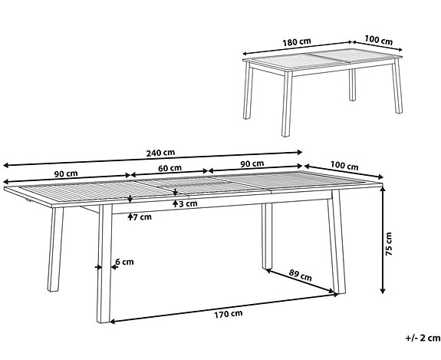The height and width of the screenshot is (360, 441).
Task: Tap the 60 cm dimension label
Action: pyautogui.click(x=169, y=168)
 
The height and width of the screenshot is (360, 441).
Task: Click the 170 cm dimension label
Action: pyautogui.click(x=228, y=312)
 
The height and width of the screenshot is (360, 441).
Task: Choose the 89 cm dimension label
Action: pyautogui.click(x=301, y=273)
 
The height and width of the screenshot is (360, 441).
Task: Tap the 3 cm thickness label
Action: pyautogui.click(x=188, y=204)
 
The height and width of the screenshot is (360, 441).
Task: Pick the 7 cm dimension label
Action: pyautogui.click(x=143, y=217)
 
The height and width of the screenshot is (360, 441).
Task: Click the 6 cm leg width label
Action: pyautogui.click(x=123, y=263)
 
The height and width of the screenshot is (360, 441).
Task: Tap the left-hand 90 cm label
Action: pyautogui.click(x=63, y=173)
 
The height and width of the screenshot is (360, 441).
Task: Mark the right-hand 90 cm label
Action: pyautogui.click(x=252, y=163)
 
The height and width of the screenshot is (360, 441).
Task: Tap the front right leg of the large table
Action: pyautogui.click(x=335, y=249)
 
